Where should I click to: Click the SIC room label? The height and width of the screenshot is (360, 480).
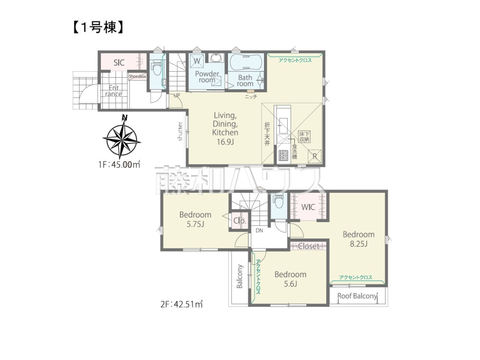(119, 63)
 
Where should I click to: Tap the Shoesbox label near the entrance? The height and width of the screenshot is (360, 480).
(138, 76)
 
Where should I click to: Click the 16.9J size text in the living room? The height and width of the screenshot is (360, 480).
(225, 142)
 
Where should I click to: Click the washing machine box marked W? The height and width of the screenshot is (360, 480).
(196, 60)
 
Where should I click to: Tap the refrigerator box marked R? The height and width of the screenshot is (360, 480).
(315, 156)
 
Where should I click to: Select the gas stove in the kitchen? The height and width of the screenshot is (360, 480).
(284, 156)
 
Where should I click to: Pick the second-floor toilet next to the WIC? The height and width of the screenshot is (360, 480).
(279, 201)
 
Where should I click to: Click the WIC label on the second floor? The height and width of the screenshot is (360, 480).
(308, 207)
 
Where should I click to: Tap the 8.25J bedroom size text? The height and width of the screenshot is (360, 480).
(358, 244)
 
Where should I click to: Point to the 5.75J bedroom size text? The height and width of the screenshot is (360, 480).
(195, 224)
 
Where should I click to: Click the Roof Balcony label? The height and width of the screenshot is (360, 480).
(357, 296)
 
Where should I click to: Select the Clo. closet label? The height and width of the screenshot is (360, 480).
(240, 220)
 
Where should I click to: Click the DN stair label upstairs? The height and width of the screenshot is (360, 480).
(259, 230)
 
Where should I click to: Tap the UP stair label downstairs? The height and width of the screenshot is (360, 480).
(177, 95)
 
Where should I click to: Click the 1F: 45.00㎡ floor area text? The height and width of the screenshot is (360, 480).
(119, 164)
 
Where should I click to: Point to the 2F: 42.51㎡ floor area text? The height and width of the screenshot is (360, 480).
(182, 304)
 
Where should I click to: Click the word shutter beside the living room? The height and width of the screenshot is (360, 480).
(180, 131)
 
